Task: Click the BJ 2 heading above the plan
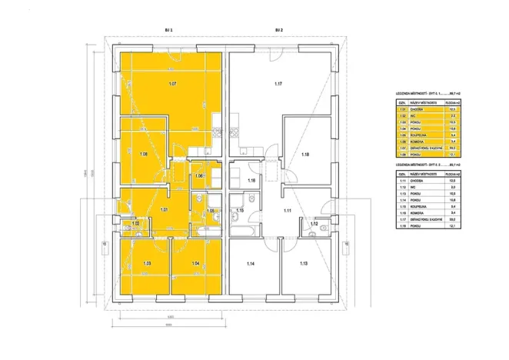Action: pyautogui.click(x=279, y=30)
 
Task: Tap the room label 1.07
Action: pyautogui.click(x=173, y=82)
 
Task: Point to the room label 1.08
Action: pyautogui.click(x=143, y=154)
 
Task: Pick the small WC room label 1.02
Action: pyautogui.click(x=135, y=224)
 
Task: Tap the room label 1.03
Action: pyautogui.click(x=146, y=264)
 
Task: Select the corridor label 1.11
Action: pyautogui.click(x=288, y=210)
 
